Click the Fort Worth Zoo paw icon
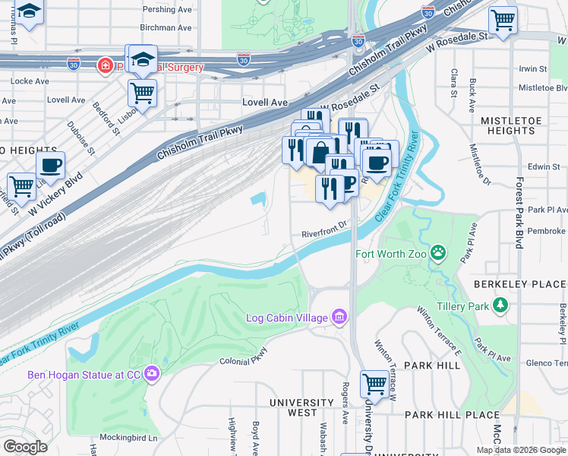[438, 252]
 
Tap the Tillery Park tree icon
[500, 306]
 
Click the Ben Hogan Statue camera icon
[152, 373]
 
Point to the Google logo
[25, 446]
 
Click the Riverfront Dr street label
[323, 224]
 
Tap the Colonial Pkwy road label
[244, 358]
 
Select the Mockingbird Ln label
[131, 438]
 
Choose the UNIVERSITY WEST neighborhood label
[302, 407]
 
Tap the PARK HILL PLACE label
[452, 415]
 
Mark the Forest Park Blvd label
[519, 214]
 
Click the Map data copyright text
[521, 450]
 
